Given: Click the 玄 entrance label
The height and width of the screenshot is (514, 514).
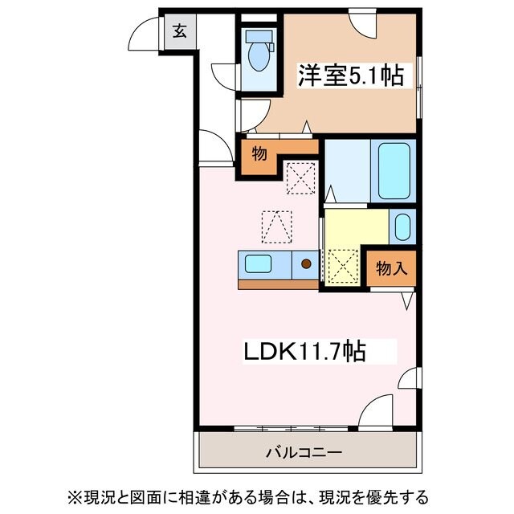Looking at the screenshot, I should (179, 33).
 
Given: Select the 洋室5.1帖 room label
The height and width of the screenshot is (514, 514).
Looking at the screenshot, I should (350, 75).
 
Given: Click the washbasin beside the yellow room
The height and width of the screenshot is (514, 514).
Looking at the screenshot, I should (402, 226).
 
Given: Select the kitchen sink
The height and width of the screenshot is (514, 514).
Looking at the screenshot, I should (259, 263).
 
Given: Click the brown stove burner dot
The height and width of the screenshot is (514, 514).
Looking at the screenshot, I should (305, 263).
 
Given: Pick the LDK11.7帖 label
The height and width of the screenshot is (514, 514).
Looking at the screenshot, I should (306, 351).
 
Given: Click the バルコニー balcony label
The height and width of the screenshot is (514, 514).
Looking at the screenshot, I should (304, 452).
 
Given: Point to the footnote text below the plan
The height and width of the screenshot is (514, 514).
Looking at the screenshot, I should (257, 496).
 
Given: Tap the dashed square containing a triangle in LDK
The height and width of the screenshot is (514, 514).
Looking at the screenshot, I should (275, 226).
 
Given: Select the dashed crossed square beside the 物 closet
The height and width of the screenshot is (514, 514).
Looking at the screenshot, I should (301, 177).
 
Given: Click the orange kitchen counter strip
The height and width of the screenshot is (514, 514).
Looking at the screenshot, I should (278, 284).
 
